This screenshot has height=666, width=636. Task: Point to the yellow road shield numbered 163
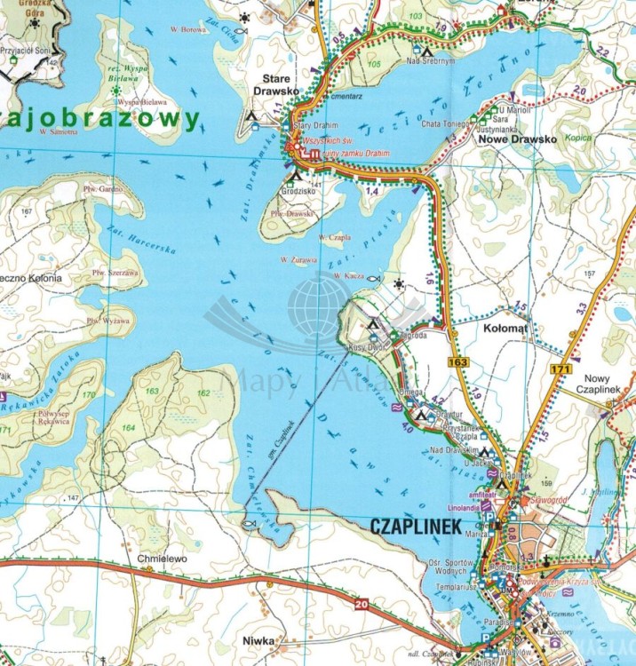coord(458,362)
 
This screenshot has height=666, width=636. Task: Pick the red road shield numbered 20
coord(360,606)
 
